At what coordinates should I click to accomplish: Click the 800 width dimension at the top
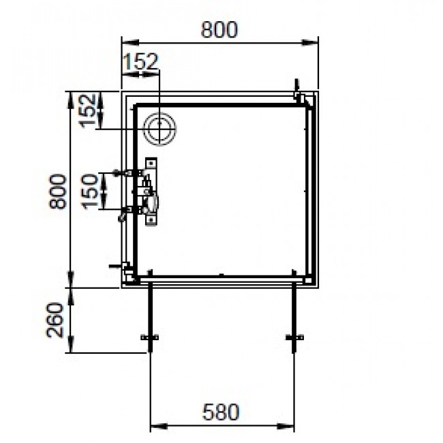click(x=219, y=30)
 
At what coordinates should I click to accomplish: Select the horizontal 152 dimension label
click(x=140, y=62)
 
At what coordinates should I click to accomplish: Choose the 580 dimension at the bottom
click(x=221, y=412)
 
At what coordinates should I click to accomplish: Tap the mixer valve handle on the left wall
click(x=153, y=202)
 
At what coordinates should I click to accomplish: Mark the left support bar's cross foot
click(x=149, y=338)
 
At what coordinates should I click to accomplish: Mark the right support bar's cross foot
click(x=295, y=338)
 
